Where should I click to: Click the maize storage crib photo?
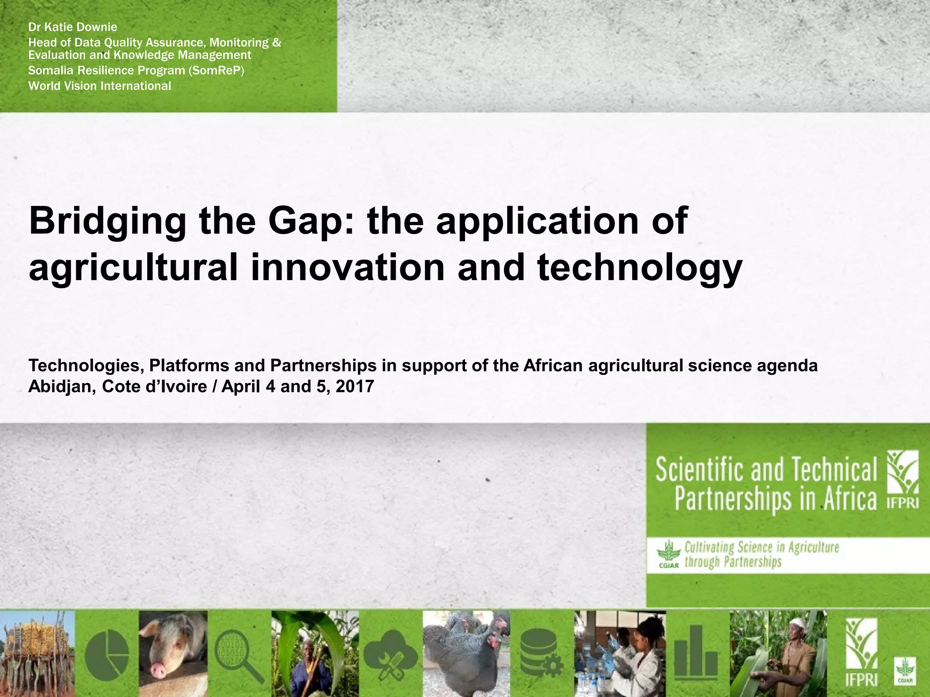36,653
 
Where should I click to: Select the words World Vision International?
99,86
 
